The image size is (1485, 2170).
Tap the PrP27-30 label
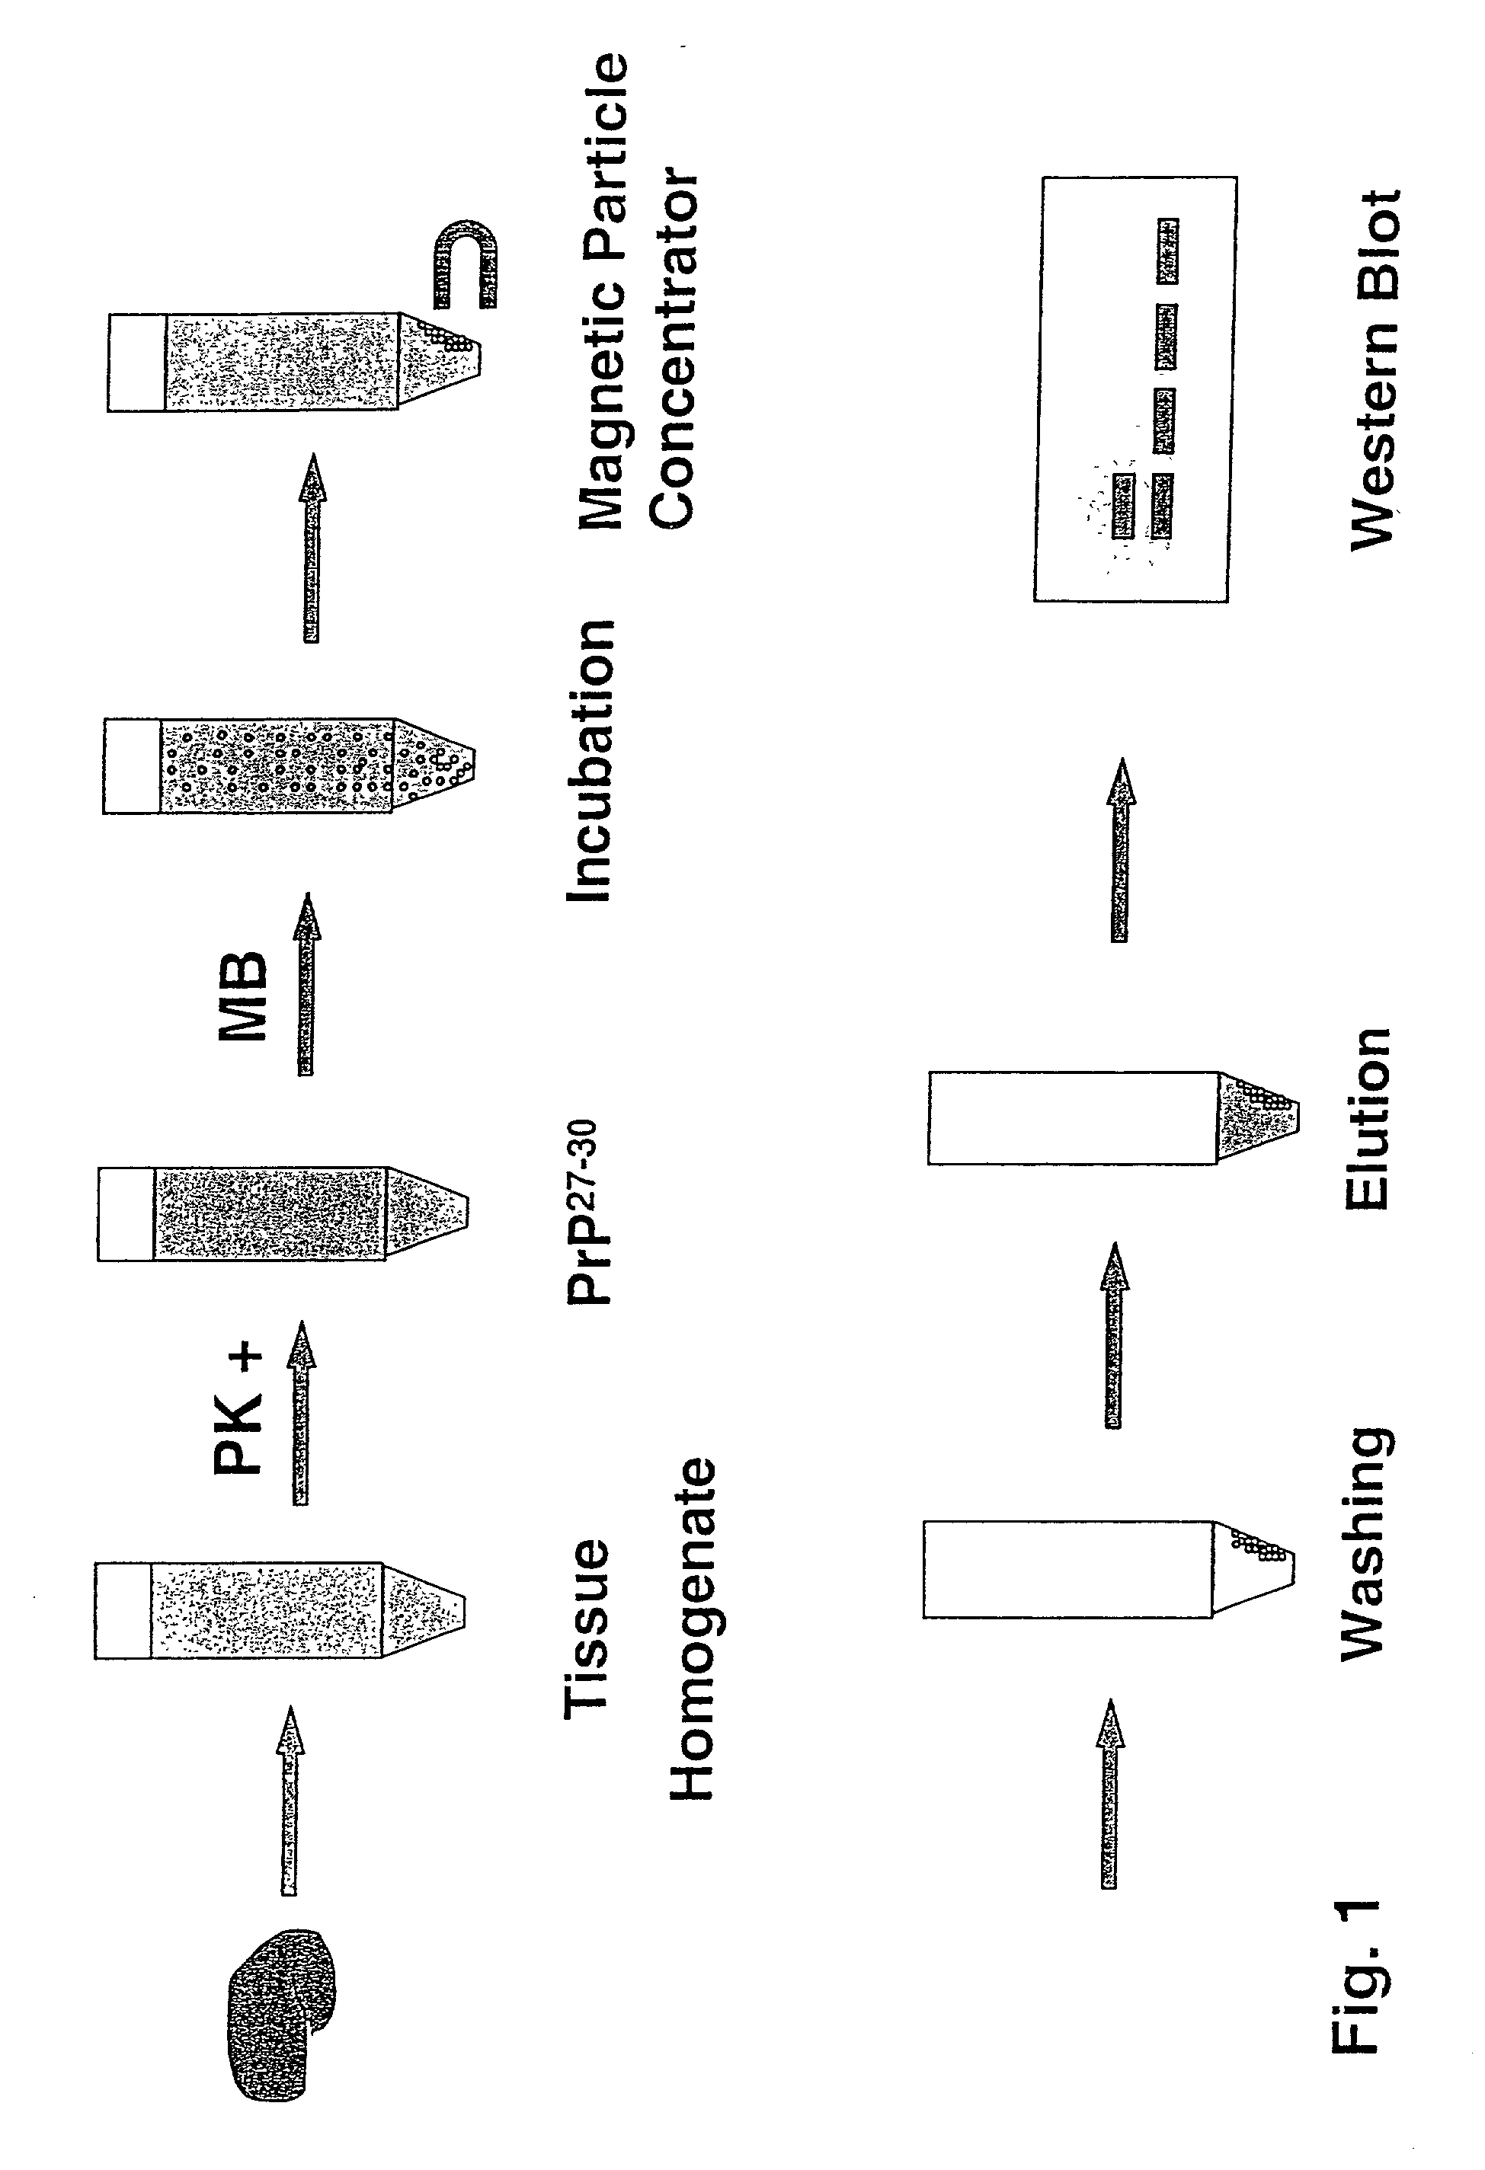588,1212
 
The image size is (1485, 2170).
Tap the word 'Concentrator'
673,350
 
